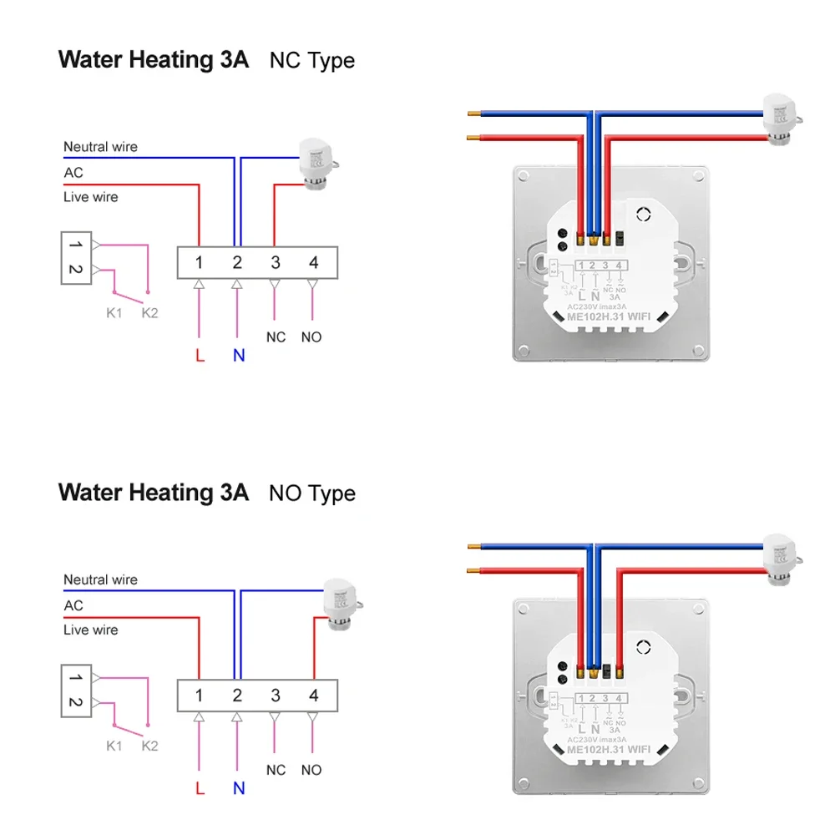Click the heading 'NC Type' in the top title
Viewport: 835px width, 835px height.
311,61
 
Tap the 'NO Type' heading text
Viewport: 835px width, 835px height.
311,493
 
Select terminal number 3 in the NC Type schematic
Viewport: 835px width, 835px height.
276,263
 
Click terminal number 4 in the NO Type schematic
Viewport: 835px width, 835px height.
314,696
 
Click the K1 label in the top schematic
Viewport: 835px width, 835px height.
114,313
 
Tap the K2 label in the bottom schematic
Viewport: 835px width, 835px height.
149,746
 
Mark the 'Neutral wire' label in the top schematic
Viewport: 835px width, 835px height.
100,147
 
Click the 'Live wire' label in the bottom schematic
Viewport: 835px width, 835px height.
90,630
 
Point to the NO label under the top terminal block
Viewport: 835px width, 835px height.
311,337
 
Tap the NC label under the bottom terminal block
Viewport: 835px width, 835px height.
276,770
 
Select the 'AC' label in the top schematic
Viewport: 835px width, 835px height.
73,173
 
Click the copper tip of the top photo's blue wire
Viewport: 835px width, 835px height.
473,113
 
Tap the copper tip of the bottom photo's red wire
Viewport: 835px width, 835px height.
473,570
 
